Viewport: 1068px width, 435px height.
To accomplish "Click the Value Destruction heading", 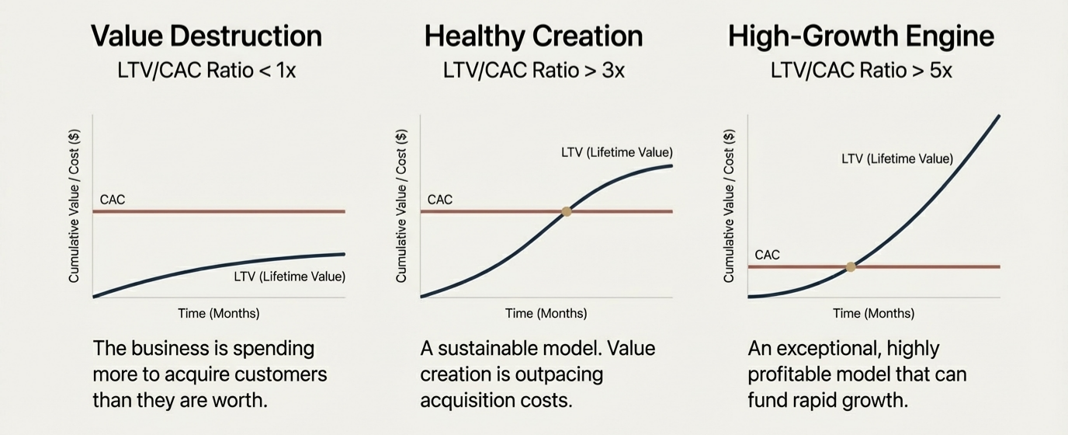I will pos(206,36).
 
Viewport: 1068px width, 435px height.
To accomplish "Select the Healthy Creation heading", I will pos(534,36).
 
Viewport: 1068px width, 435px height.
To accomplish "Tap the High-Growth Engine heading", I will pos(861,36).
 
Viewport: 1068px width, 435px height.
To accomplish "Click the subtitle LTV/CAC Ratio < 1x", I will pos(206,71).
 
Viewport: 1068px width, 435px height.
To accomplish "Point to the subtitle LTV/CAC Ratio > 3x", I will pos(534,71).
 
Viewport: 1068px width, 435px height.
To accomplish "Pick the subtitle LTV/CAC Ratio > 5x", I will pos(861,71).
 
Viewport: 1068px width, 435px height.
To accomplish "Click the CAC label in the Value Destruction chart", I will pos(113,200).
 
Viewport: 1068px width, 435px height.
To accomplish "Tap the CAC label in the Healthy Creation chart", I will pos(439,200).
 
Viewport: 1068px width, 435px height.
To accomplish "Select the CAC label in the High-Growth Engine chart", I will pos(767,255).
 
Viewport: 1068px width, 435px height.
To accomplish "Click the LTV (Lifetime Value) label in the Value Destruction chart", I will pos(290,277).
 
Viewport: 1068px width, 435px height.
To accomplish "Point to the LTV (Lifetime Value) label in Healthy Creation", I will pos(617,152).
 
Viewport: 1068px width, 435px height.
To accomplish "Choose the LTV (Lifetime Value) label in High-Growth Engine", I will pos(897,159).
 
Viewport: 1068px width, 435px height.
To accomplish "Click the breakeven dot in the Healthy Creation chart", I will pos(567,211).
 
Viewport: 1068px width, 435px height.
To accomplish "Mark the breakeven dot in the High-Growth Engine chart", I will pos(851,266).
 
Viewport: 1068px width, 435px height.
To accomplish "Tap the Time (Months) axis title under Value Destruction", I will pos(219,314).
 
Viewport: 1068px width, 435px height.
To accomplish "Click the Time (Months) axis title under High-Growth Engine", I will pos(874,314).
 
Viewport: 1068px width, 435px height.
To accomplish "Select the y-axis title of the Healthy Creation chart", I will pos(401,207).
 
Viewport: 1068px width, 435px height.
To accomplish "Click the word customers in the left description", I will pos(280,374).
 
